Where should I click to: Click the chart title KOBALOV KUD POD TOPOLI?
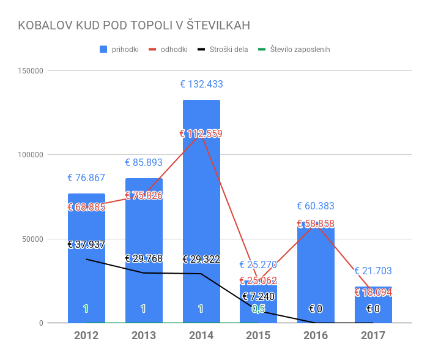(x=134, y=25)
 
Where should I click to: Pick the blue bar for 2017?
(x=373, y=306)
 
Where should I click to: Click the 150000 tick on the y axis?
(x=28, y=71)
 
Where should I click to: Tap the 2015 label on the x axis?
(x=259, y=336)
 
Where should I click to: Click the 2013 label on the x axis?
(x=144, y=336)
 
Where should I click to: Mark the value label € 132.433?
(x=201, y=84)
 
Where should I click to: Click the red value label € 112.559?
(x=201, y=133)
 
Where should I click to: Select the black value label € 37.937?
(x=86, y=245)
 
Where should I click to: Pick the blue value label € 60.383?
(x=316, y=206)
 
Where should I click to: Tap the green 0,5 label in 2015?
(x=259, y=309)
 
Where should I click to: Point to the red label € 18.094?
(x=373, y=293)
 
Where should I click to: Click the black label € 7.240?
(x=259, y=297)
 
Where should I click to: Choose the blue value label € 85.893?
(x=144, y=163)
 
